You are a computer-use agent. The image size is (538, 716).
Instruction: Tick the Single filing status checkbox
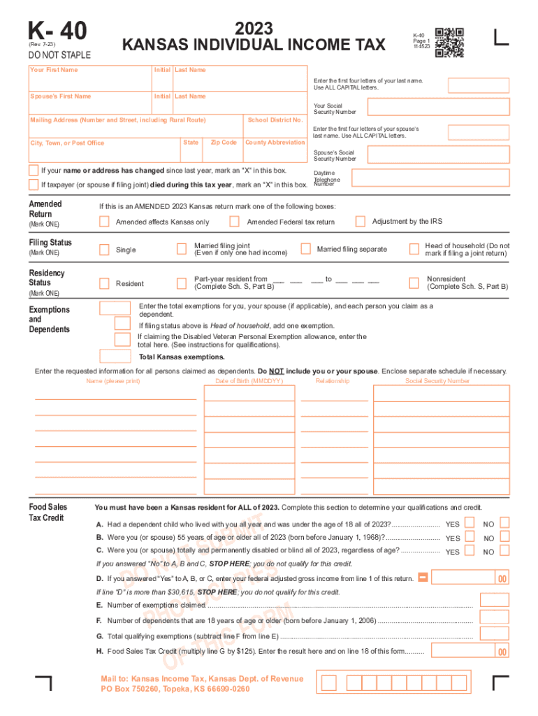[104, 250]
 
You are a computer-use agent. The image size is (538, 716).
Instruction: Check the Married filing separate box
[305, 249]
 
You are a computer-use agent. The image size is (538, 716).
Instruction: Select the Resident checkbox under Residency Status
[104, 283]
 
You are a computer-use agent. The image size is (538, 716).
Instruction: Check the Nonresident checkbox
[414, 282]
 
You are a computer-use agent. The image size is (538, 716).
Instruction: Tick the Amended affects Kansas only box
[104, 222]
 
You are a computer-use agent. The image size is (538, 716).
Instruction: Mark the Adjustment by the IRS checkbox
[360, 222]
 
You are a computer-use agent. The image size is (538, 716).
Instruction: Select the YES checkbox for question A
[470, 522]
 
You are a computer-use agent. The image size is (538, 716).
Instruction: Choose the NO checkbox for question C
[505, 550]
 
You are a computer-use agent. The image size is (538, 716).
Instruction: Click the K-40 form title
[57, 31]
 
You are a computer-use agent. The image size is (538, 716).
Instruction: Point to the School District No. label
[275, 120]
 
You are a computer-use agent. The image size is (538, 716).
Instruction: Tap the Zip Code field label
[224, 142]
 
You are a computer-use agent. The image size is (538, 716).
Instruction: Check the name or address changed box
[34, 171]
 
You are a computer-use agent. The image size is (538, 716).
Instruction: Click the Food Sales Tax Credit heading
[48, 512]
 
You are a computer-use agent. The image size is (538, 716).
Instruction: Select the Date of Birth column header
[249, 381]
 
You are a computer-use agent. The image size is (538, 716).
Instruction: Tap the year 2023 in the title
[254, 29]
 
